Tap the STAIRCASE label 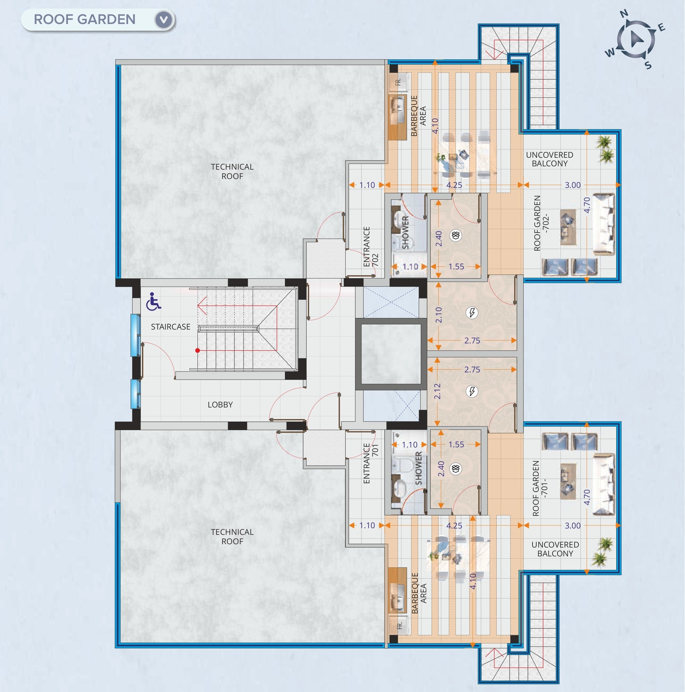(x=170, y=327)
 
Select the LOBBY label (x=220, y=404)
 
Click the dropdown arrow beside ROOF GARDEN (x=164, y=19)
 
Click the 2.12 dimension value (x=437, y=391)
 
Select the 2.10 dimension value (x=439, y=315)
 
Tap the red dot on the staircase (x=197, y=350)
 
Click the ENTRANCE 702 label (x=371, y=246)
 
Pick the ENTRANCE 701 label (x=371, y=463)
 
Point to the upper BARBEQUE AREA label (x=418, y=116)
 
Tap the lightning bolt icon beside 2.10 (x=472, y=313)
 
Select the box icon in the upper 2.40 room (x=456, y=235)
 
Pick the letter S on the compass (x=648, y=65)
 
